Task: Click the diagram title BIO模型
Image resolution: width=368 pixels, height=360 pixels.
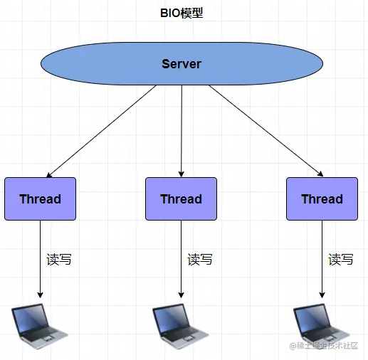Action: click(x=182, y=13)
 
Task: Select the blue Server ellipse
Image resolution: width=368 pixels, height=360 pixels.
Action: click(x=182, y=63)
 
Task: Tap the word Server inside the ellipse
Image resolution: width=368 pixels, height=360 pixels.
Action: click(x=182, y=64)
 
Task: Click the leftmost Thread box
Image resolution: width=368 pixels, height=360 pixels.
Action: click(x=40, y=198)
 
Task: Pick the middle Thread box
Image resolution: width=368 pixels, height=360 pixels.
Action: click(x=181, y=198)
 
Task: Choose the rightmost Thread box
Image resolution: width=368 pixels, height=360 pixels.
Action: click(x=322, y=198)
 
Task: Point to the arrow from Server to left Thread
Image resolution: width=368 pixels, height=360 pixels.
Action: click(x=101, y=132)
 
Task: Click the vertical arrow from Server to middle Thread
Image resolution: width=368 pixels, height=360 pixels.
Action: click(x=182, y=131)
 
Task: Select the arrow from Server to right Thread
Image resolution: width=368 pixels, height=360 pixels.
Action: click(x=266, y=131)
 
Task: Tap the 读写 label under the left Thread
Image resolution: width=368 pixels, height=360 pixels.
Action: click(x=59, y=259)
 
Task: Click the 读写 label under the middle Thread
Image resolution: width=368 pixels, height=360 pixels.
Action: click(x=200, y=259)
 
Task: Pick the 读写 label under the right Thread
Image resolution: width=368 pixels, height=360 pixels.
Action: click(x=341, y=259)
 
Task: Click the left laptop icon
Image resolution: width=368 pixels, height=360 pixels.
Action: click(x=39, y=327)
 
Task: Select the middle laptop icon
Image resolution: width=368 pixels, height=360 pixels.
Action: click(x=180, y=327)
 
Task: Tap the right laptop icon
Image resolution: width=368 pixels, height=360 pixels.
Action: click(x=321, y=327)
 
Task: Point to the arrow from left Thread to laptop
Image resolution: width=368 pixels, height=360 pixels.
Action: click(x=40, y=259)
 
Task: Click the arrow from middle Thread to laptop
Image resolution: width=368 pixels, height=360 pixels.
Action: click(x=181, y=259)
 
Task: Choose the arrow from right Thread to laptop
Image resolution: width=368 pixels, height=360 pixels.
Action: click(x=322, y=259)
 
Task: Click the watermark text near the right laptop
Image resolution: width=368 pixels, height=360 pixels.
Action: click(x=324, y=346)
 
